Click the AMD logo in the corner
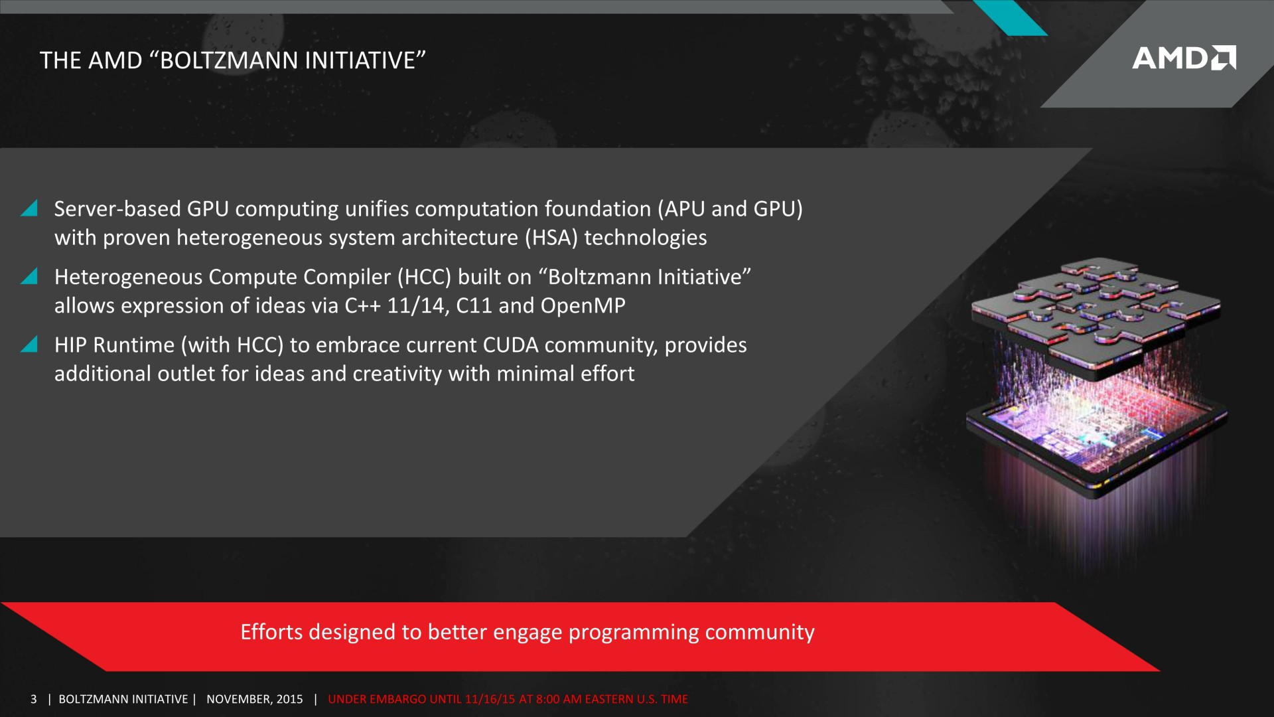coord(1184,58)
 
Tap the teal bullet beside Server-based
coord(29,208)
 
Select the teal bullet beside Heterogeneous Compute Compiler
coord(29,276)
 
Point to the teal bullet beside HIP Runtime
coord(29,344)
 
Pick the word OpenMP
coord(583,306)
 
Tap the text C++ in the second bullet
coord(362,305)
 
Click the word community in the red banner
coord(759,633)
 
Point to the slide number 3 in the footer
coord(33,699)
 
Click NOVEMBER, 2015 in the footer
coord(254,699)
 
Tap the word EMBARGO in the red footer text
coord(397,699)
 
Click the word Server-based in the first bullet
coord(117,209)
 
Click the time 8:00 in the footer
coord(547,699)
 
